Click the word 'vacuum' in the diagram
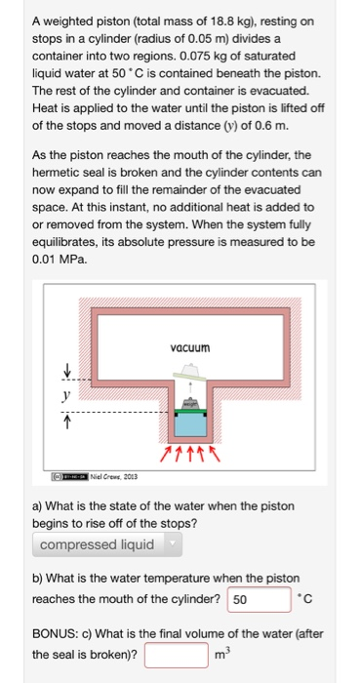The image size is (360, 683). [190, 348]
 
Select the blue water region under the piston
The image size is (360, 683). [190, 424]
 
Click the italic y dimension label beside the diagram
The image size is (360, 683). [66, 395]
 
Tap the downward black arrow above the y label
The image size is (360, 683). [67, 372]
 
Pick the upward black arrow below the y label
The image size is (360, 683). [67, 422]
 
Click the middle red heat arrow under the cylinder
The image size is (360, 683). [190, 453]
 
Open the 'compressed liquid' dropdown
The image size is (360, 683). [107, 544]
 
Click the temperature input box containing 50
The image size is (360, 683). [259, 599]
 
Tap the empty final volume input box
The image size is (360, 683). [177, 655]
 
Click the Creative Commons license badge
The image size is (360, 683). [70, 476]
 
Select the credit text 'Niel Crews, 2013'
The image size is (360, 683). [113, 476]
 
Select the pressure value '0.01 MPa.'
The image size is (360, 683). [60, 261]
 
